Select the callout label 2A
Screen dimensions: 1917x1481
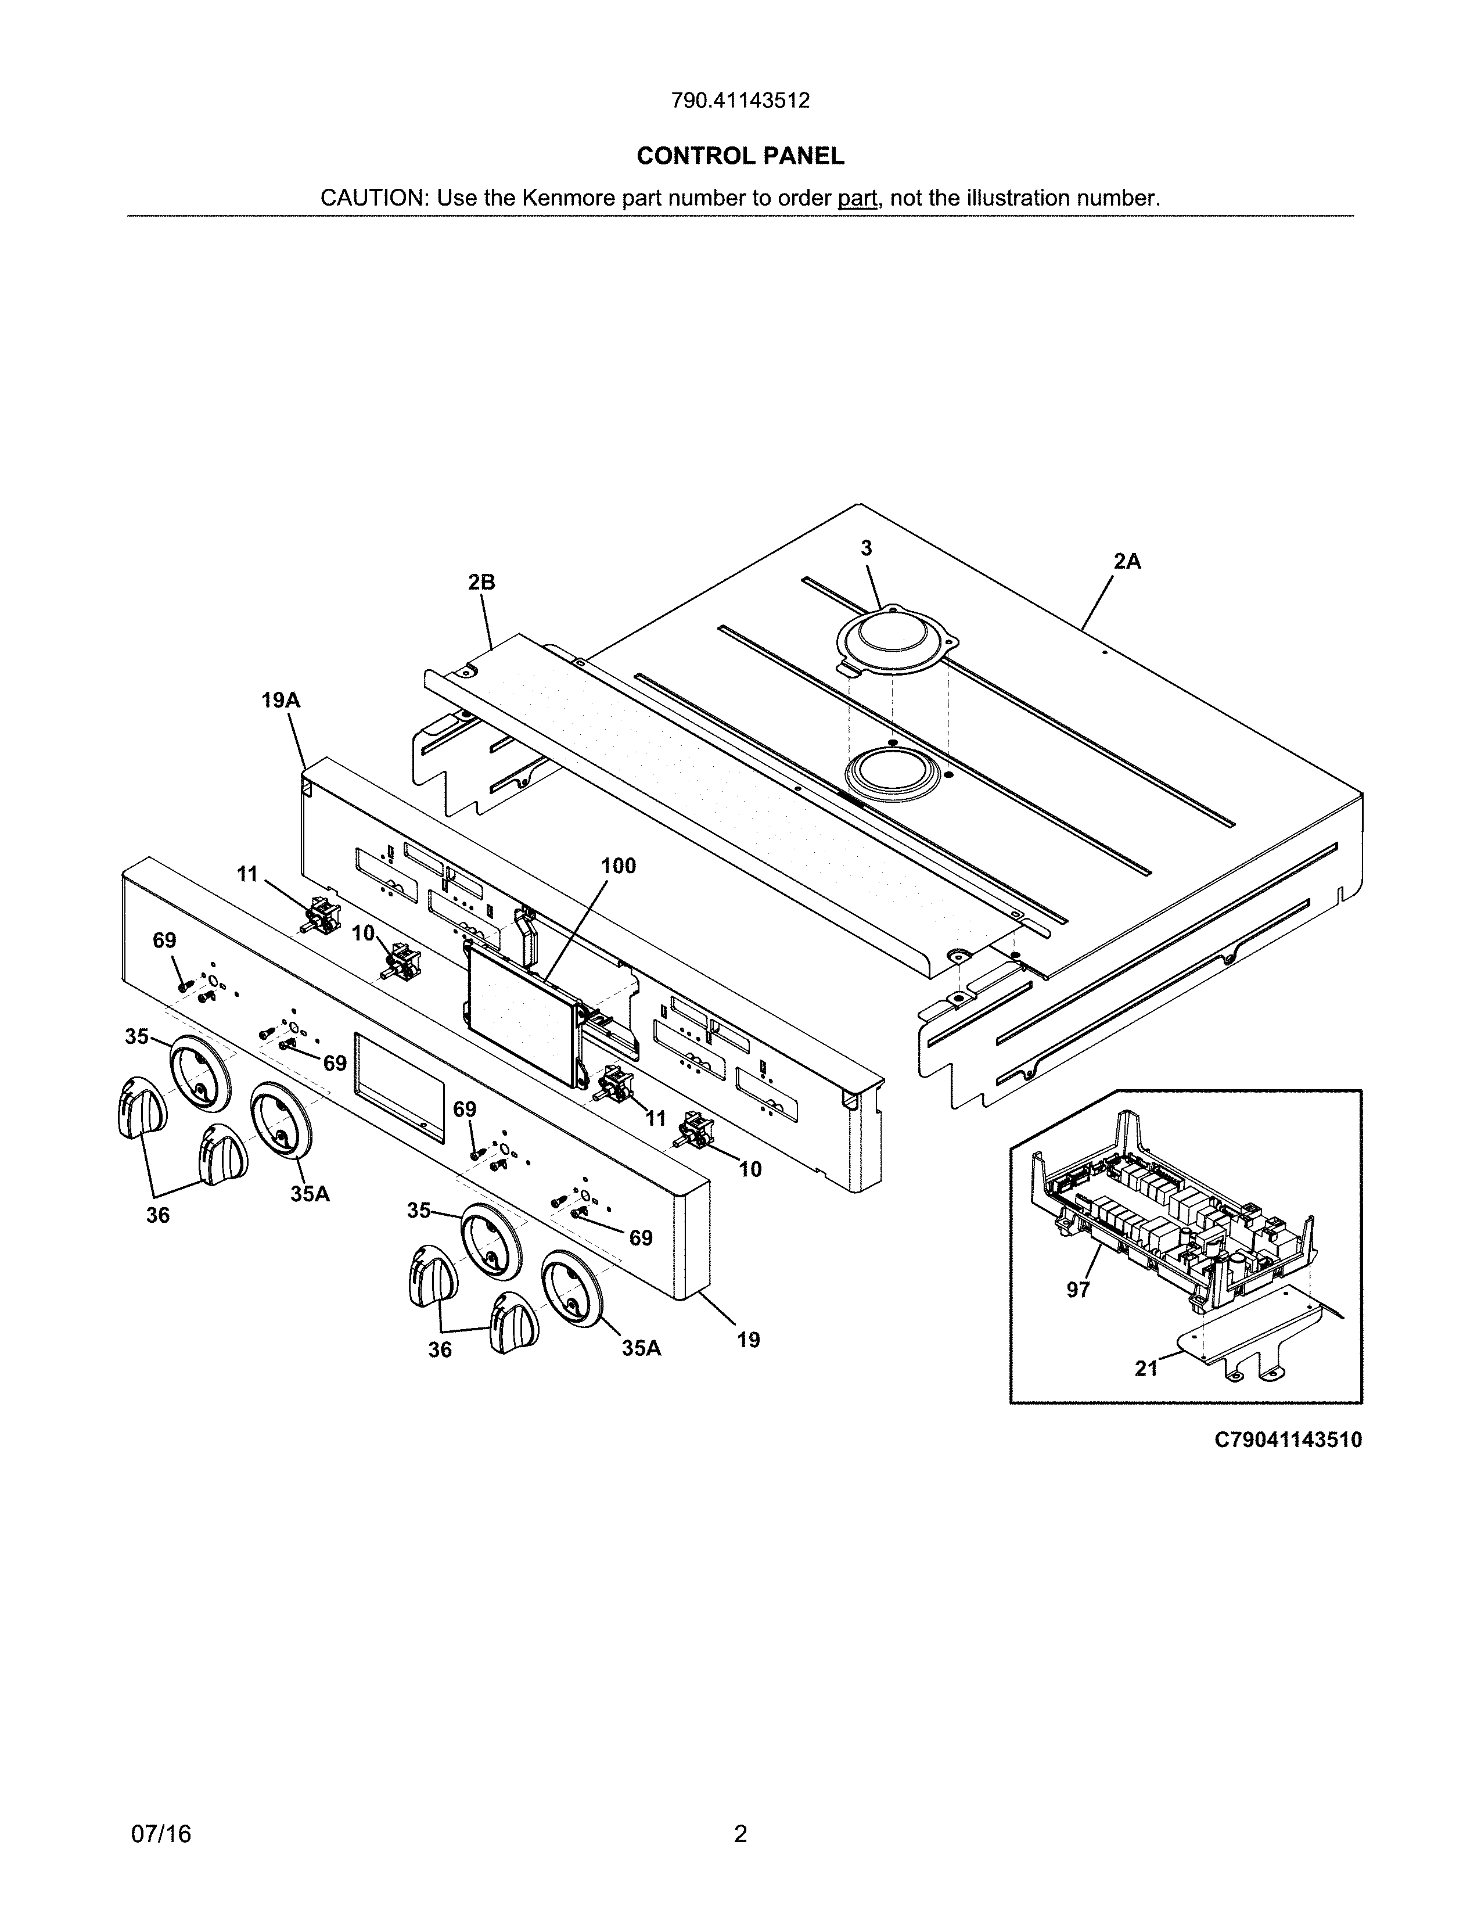pos(1127,562)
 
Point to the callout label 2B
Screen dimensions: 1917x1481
pos(481,582)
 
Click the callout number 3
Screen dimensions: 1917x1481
pos(866,548)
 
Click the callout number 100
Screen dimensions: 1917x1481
pos(618,866)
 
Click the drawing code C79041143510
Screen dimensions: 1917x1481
pos(1288,1441)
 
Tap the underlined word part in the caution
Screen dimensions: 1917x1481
pos(857,198)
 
